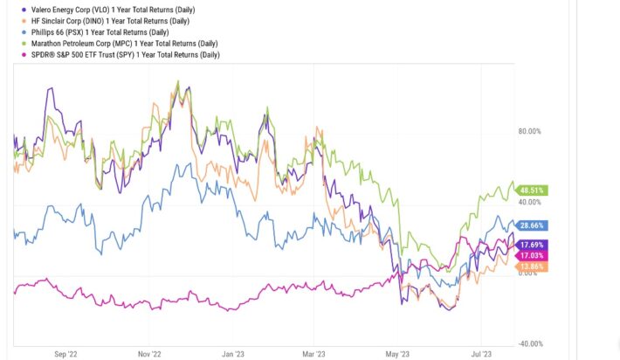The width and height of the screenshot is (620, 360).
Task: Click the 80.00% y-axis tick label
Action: [x=530, y=132]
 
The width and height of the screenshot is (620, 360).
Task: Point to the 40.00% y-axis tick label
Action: [x=530, y=203]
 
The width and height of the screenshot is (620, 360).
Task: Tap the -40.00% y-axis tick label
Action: [x=529, y=343]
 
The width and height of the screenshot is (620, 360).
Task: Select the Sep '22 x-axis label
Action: [x=66, y=354]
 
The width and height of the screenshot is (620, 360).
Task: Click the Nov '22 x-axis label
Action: [x=149, y=354]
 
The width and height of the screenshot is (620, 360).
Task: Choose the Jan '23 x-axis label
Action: [x=232, y=354]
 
